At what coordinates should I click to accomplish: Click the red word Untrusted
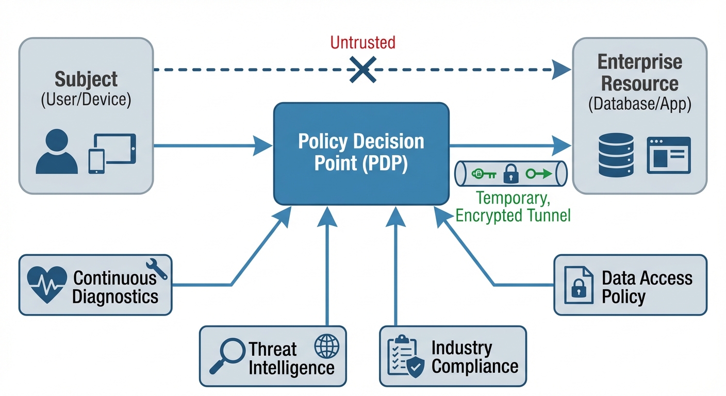[362, 42]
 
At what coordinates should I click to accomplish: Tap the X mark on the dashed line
[362, 70]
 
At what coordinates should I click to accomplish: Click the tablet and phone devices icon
[112, 153]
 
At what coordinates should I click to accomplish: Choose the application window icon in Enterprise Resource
[668, 155]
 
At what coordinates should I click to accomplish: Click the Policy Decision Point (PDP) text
[361, 152]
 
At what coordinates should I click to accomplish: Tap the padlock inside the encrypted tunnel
[510, 174]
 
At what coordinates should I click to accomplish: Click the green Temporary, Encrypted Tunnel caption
[513, 206]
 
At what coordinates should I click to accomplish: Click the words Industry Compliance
[474, 357]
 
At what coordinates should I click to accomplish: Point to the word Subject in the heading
[86, 79]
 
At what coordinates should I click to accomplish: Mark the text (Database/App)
[639, 104]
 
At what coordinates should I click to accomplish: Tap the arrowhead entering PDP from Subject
[263, 145]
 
